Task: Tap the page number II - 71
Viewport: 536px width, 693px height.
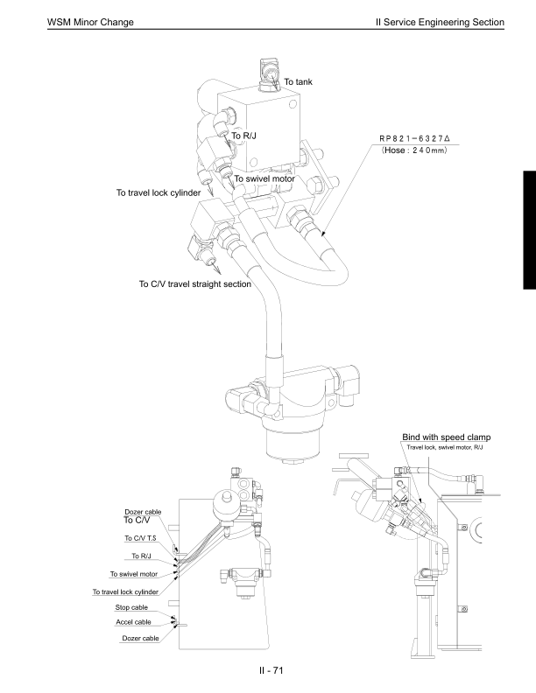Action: [x=268, y=670]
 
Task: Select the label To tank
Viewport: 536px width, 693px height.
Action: [x=298, y=81]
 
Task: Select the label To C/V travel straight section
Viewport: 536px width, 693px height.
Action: [x=195, y=283]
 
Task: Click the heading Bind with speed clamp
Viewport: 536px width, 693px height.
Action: [x=446, y=437]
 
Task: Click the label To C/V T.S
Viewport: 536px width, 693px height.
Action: [x=140, y=538]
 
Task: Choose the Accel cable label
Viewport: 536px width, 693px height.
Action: [x=134, y=622]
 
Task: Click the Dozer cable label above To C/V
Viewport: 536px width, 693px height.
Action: [x=141, y=511]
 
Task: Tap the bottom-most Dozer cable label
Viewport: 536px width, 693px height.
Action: [x=139, y=639]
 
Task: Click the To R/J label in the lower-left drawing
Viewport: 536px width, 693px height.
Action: [x=144, y=556]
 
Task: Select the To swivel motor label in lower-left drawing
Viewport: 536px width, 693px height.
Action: [x=132, y=574]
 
